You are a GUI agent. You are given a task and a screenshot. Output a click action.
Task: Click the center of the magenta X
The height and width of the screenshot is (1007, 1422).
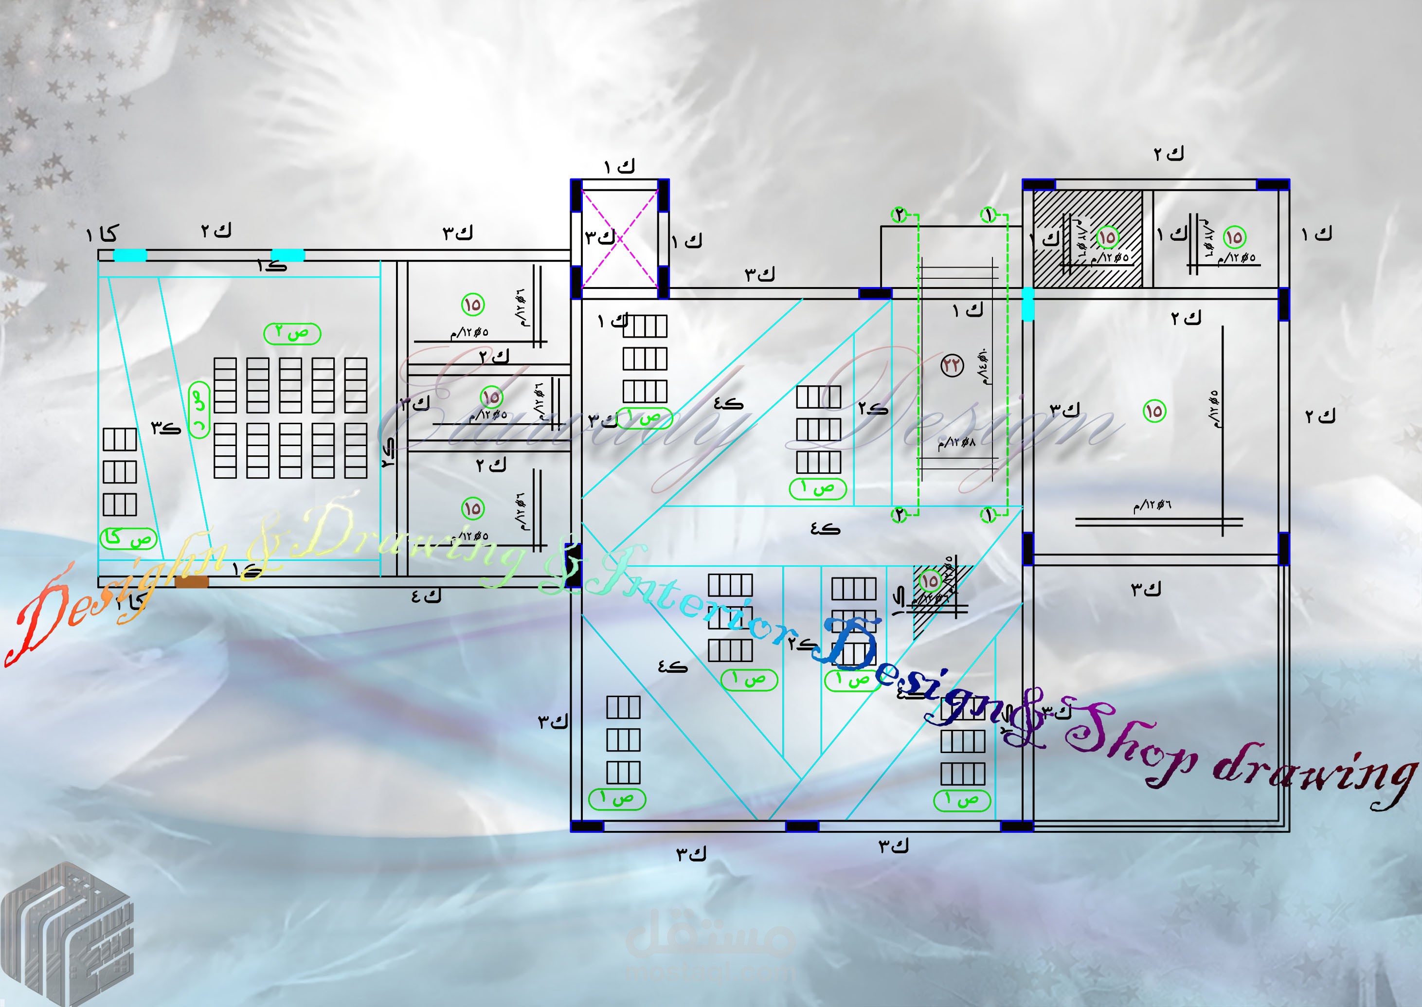point(619,238)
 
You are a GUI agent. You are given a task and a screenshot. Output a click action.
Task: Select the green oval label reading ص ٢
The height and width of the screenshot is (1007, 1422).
point(292,334)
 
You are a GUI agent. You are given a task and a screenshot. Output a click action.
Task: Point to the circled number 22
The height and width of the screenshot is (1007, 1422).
point(952,365)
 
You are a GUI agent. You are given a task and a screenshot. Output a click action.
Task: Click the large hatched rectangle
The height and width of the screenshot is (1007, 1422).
point(1088,239)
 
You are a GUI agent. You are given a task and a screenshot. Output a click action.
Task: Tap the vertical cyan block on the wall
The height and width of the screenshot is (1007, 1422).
point(1027,304)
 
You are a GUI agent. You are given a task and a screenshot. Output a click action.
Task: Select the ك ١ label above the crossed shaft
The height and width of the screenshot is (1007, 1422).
point(619,166)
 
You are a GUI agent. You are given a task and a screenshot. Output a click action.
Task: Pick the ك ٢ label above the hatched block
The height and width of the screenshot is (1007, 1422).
point(1169,154)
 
